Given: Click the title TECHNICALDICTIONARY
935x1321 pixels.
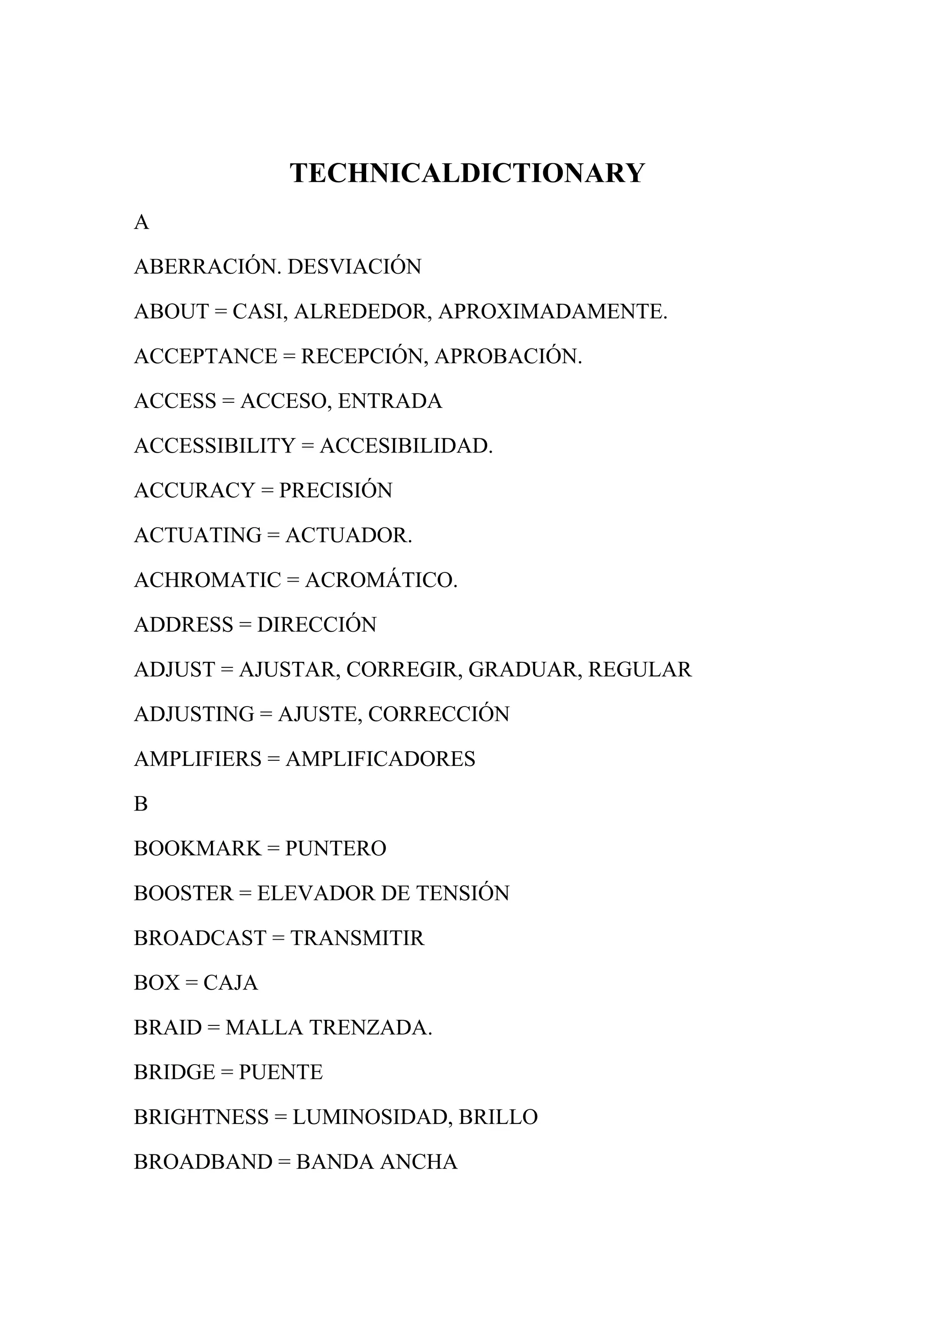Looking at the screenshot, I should (x=467, y=173).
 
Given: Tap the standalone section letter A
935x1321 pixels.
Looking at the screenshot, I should (x=141, y=222).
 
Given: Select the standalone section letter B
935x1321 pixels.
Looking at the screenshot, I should (x=141, y=804).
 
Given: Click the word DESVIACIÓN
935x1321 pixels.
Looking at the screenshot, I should (x=354, y=267).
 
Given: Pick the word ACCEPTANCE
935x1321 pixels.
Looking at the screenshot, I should (x=205, y=357).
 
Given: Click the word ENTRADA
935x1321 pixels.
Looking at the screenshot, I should (x=390, y=401).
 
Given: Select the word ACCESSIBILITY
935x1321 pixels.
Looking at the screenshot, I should (x=214, y=446).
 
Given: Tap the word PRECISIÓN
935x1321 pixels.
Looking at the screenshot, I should (x=335, y=491).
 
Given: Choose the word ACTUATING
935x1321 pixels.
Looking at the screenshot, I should (x=198, y=536).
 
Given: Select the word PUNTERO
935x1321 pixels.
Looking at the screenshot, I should (x=335, y=848).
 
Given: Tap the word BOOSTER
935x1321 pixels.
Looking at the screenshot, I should (x=184, y=894).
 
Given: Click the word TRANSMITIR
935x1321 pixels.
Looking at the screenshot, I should (x=357, y=938).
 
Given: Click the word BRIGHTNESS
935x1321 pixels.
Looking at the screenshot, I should (x=201, y=1117).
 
